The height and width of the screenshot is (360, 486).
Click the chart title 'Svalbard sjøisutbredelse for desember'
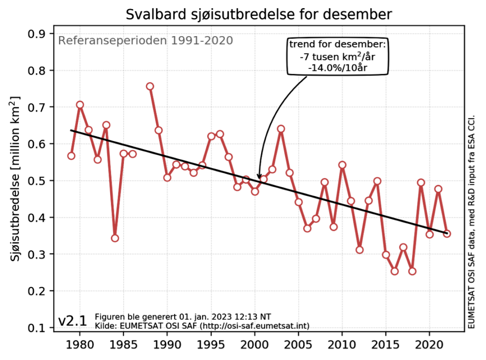point(259,14)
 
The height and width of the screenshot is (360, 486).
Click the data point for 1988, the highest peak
point(150,86)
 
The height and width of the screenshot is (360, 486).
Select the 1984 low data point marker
point(115,238)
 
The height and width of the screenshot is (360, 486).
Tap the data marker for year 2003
point(281,129)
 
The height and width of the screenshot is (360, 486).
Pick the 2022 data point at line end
point(447,233)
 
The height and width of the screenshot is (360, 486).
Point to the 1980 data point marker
point(80,104)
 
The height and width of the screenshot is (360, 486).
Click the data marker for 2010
point(342,165)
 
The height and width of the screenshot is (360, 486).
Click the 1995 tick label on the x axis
point(211,344)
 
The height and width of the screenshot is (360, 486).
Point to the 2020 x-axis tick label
point(430,344)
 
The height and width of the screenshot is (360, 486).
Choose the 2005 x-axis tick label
point(299,344)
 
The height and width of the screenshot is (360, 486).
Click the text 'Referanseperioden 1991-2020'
point(145,40)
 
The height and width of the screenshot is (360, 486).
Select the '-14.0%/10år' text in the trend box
point(337,67)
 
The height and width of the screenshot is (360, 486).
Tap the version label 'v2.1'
point(72,321)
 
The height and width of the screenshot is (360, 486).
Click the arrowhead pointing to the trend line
point(259,177)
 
